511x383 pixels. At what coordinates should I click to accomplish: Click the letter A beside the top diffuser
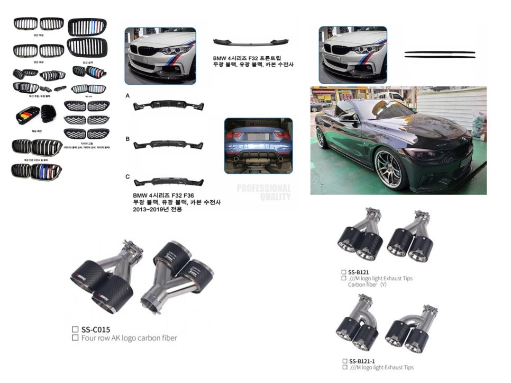(128, 95)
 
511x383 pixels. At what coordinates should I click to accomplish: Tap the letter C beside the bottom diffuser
(128, 176)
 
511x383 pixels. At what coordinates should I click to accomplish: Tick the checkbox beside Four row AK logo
(75, 337)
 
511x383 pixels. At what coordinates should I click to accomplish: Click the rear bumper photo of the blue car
(258, 145)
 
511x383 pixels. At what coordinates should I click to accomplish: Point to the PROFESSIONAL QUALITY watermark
(263, 192)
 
